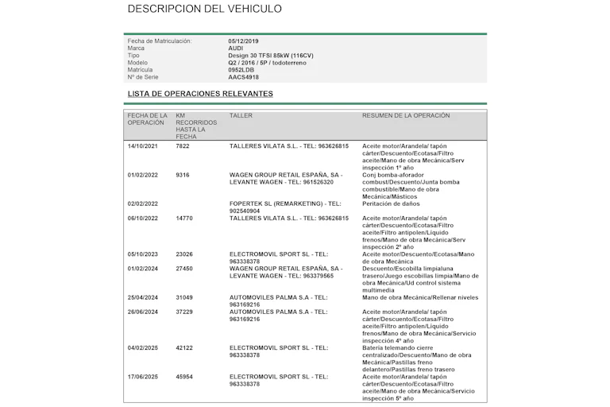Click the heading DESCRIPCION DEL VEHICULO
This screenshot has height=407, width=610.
(x=204, y=10)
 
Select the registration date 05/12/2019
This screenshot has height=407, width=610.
(x=242, y=41)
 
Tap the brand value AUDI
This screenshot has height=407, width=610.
(x=236, y=48)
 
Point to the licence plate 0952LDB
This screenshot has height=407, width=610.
(x=241, y=70)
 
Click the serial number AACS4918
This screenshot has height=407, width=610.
(x=243, y=77)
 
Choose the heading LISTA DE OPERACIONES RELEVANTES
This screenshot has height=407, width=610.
(x=200, y=94)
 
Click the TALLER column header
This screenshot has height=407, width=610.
(x=241, y=116)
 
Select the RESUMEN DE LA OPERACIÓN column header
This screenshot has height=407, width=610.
(x=406, y=116)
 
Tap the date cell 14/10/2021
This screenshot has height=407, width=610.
(x=143, y=146)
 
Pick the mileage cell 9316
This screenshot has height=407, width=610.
(x=183, y=175)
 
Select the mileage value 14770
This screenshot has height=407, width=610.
(x=184, y=218)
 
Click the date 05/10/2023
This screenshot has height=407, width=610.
(x=143, y=254)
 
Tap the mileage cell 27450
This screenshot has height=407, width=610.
(x=184, y=269)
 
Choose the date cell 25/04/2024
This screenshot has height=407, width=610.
(x=143, y=297)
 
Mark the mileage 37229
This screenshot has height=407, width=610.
(x=184, y=312)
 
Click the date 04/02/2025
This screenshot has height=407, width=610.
(x=143, y=347)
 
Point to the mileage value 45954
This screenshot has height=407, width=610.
(x=184, y=376)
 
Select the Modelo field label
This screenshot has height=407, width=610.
(x=137, y=63)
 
